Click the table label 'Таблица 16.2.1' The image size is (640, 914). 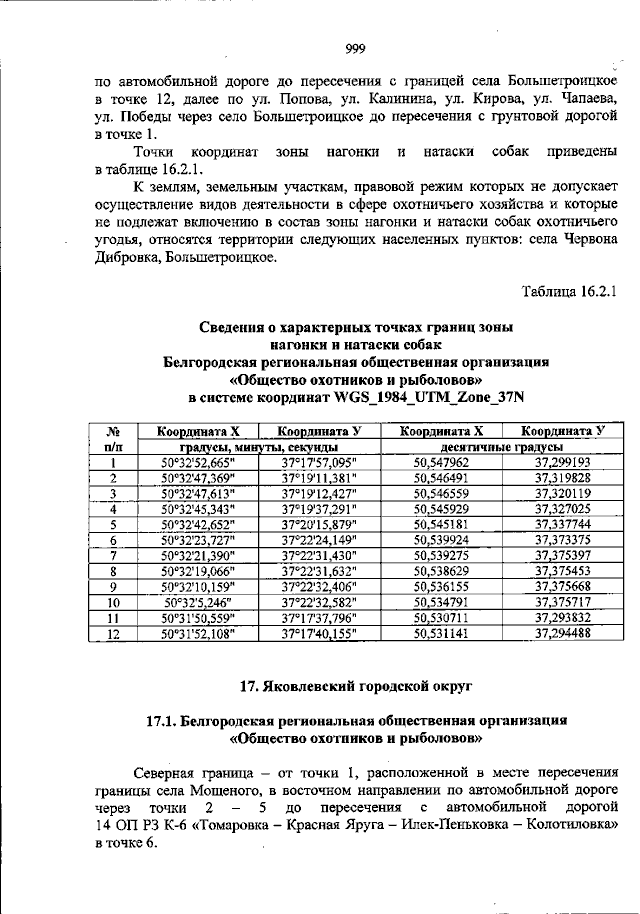(x=570, y=291)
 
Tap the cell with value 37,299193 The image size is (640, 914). (x=562, y=463)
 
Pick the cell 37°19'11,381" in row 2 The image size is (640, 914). (x=319, y=478)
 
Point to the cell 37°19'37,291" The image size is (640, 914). (x=319, y=508)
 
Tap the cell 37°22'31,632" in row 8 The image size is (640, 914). (x=319, y=570)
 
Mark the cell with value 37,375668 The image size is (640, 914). (x=562, y=586)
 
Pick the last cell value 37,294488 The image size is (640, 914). (x=562, y=633)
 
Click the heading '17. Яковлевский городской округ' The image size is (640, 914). (x=357, y=687)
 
